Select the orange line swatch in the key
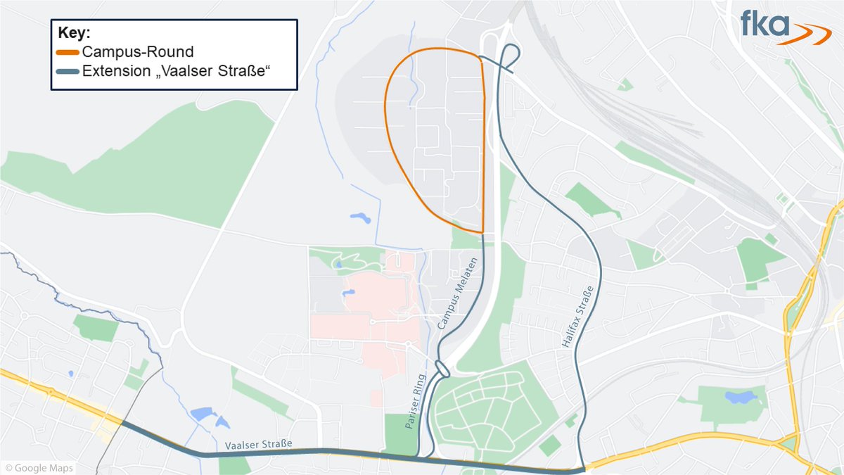click(68, 52)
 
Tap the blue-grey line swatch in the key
click(68, 71)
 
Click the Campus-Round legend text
click(137, 52)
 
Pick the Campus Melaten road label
click(459, 293)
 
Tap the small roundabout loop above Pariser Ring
click(442, 367)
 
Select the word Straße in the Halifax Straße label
click(583, 302)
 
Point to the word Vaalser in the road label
click(243, 445)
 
